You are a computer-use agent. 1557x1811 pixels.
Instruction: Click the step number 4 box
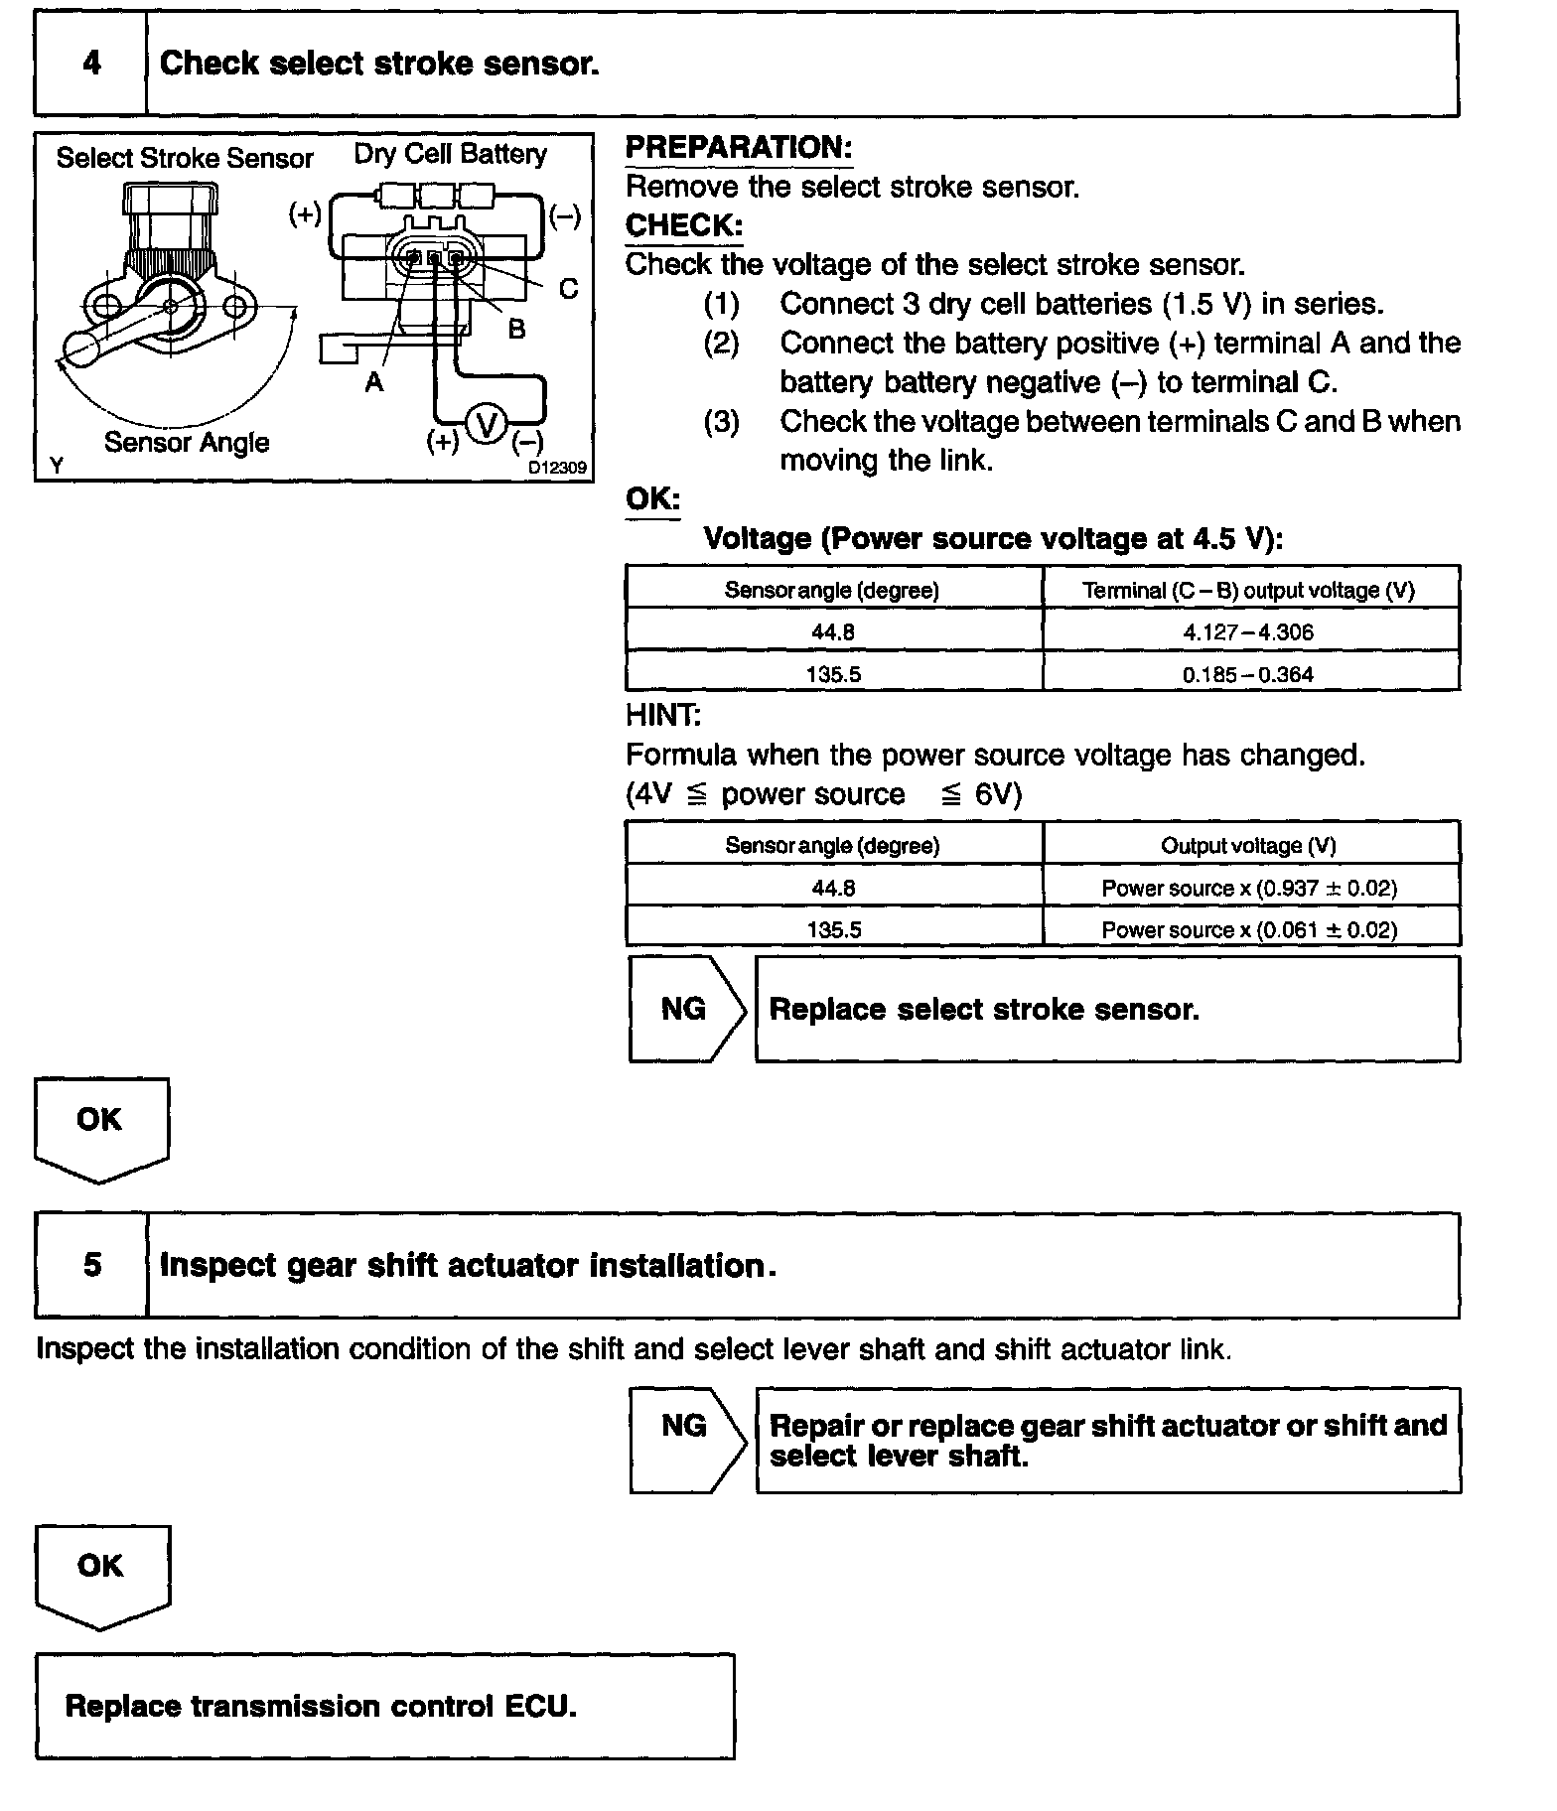91,64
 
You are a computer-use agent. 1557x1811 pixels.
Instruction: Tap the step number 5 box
91,1264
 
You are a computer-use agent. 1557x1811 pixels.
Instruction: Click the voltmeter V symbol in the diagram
487,425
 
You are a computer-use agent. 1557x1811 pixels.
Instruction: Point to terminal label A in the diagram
374,382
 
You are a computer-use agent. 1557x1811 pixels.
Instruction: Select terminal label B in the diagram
516,329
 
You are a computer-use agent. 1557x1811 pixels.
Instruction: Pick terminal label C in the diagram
568,289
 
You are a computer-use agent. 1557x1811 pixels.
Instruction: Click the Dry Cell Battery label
450,154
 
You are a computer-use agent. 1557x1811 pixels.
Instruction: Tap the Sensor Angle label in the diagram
187,442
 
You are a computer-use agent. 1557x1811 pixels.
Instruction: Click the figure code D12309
556,468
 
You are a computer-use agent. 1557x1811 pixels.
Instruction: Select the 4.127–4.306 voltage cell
1248,631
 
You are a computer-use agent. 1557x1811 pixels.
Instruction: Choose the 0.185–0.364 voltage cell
1248,674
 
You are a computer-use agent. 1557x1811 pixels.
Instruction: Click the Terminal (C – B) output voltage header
1248,590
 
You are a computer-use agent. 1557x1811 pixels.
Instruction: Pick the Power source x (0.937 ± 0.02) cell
1249,888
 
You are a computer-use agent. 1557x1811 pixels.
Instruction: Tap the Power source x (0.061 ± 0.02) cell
1249,930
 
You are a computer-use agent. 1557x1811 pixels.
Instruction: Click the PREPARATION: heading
739,148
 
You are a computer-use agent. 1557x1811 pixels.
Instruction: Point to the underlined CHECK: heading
684,225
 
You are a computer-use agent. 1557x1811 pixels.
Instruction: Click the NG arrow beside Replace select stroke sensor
685,1009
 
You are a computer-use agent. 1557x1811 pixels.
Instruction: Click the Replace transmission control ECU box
384,1706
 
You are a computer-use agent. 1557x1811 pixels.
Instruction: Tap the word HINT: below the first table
663,715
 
